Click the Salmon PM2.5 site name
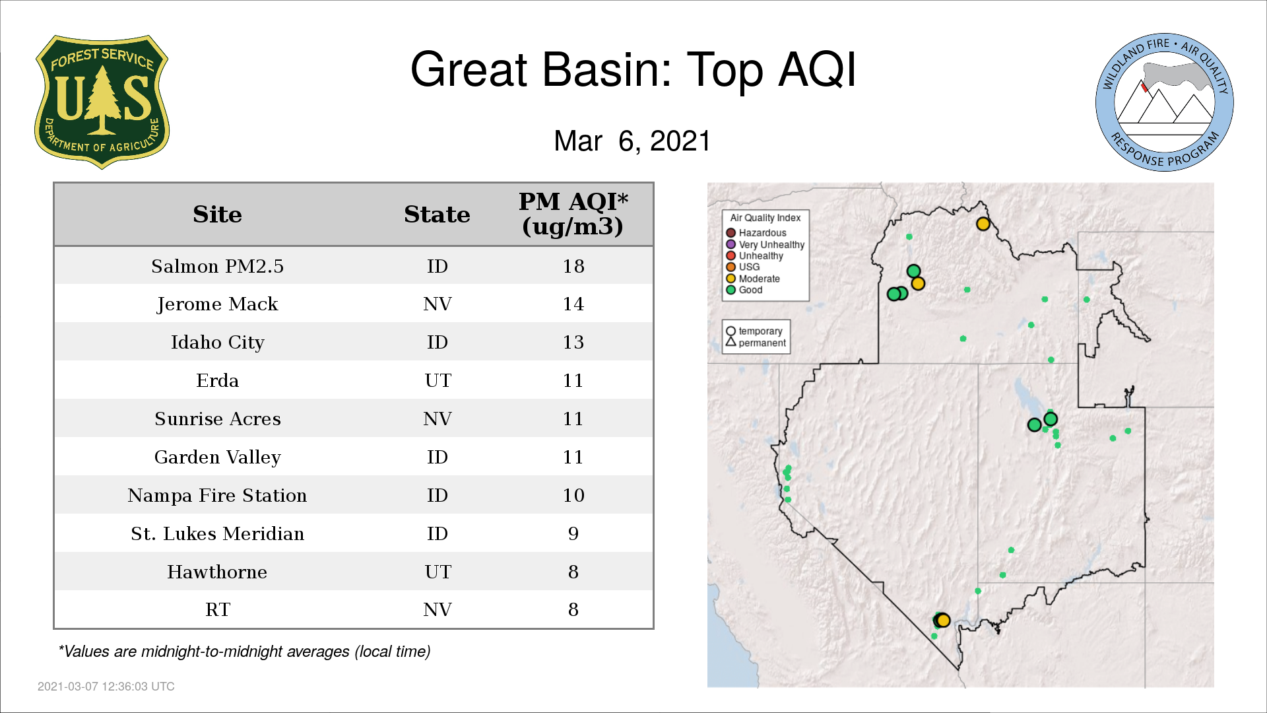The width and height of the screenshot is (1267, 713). [217, 266]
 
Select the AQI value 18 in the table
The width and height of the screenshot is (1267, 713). [573, 266]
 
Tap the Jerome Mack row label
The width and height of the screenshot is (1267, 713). [217, 304]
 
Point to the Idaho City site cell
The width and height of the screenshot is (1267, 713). [217, 343]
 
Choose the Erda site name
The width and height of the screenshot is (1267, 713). [217, 380]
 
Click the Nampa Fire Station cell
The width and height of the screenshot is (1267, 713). [217, 495]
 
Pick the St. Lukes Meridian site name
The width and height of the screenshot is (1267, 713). [217, 533]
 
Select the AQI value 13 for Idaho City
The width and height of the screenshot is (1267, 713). [573, 342]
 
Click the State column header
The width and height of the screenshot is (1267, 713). [437, 215]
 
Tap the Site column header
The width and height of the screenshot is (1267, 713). [217, 215]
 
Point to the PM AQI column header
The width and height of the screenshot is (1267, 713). [573, 213]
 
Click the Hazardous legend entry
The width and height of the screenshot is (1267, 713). [756, 233]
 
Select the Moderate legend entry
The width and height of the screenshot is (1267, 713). [753, 279]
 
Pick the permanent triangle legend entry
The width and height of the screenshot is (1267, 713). [756, 343]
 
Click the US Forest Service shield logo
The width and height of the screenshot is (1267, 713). [102, 102]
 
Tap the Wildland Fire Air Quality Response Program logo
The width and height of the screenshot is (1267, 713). [1164, 102]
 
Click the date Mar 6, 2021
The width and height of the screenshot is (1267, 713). [632, 141]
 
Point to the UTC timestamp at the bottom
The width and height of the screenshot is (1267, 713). [106, 687]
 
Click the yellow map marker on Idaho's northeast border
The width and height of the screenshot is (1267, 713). [983, 224]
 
